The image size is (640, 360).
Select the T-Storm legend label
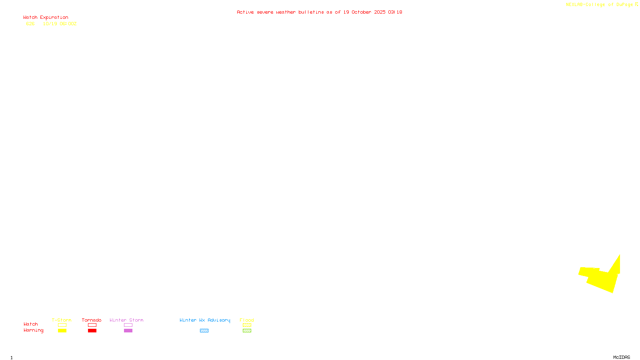[x=62, y=320]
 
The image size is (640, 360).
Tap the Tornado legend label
[x=92, y=320]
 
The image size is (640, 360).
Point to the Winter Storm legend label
[x=126, y=320]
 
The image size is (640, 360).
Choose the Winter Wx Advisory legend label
[x=205, y=320]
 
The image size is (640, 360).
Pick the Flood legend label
[x=247, y=320]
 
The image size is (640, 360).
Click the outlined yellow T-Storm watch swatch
[x=62, y=325]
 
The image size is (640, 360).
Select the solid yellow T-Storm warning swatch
[x=62, y=331]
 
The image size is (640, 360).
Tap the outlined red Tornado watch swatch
[x=92, y=325]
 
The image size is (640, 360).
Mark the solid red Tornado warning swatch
[x=92, y=331]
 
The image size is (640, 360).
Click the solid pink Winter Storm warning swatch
[x=128, y=331]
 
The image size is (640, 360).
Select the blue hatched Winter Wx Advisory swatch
[x=204, y=331]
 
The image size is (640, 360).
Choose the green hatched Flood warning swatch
[x=247, y=331]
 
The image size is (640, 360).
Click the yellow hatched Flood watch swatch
[x=247, y=325]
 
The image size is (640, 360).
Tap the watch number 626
[x=30, y=24]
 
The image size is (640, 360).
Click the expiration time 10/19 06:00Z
[x=60, y=24]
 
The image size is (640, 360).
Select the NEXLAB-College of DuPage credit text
[x=600, y=5]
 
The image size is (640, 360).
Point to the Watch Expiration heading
[x=46, y=18]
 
